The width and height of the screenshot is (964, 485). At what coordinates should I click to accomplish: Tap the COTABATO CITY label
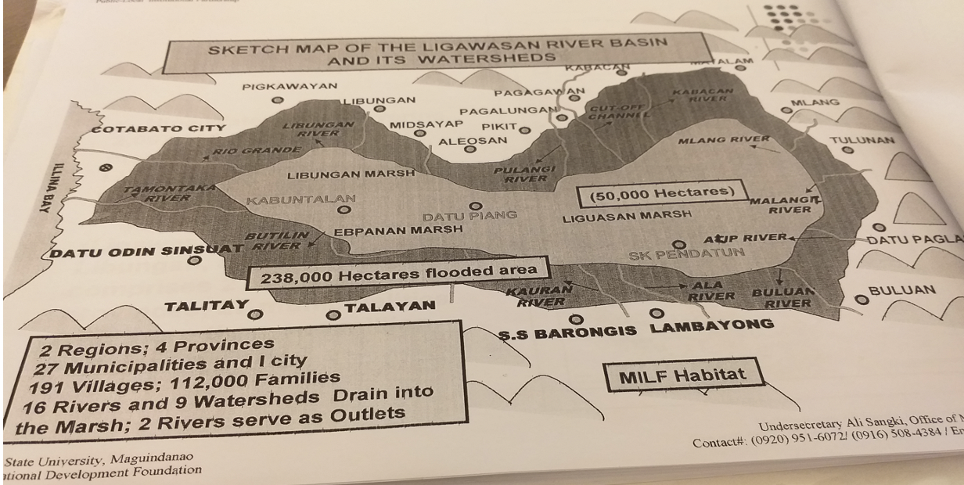click(x=159, y=128)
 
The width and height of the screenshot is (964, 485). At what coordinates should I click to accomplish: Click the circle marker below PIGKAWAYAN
click(x=276, y=100)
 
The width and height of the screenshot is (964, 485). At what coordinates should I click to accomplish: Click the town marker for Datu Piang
click(x=474, y=206)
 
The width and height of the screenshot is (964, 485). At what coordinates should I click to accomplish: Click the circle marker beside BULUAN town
click(x=861, y=298)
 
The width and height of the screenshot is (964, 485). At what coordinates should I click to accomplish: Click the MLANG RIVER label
click(x=718, y=142)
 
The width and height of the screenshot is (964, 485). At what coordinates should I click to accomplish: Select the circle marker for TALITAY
click(x=254, y=314)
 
